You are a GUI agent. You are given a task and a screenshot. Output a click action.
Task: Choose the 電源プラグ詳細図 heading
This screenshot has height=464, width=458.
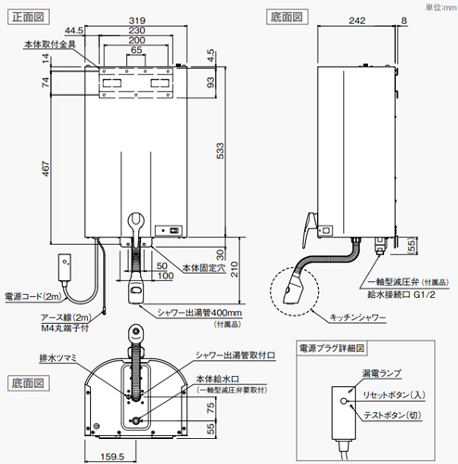[x=334, y=351]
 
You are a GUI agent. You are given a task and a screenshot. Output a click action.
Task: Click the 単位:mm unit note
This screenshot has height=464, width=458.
[x=437, y=6]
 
